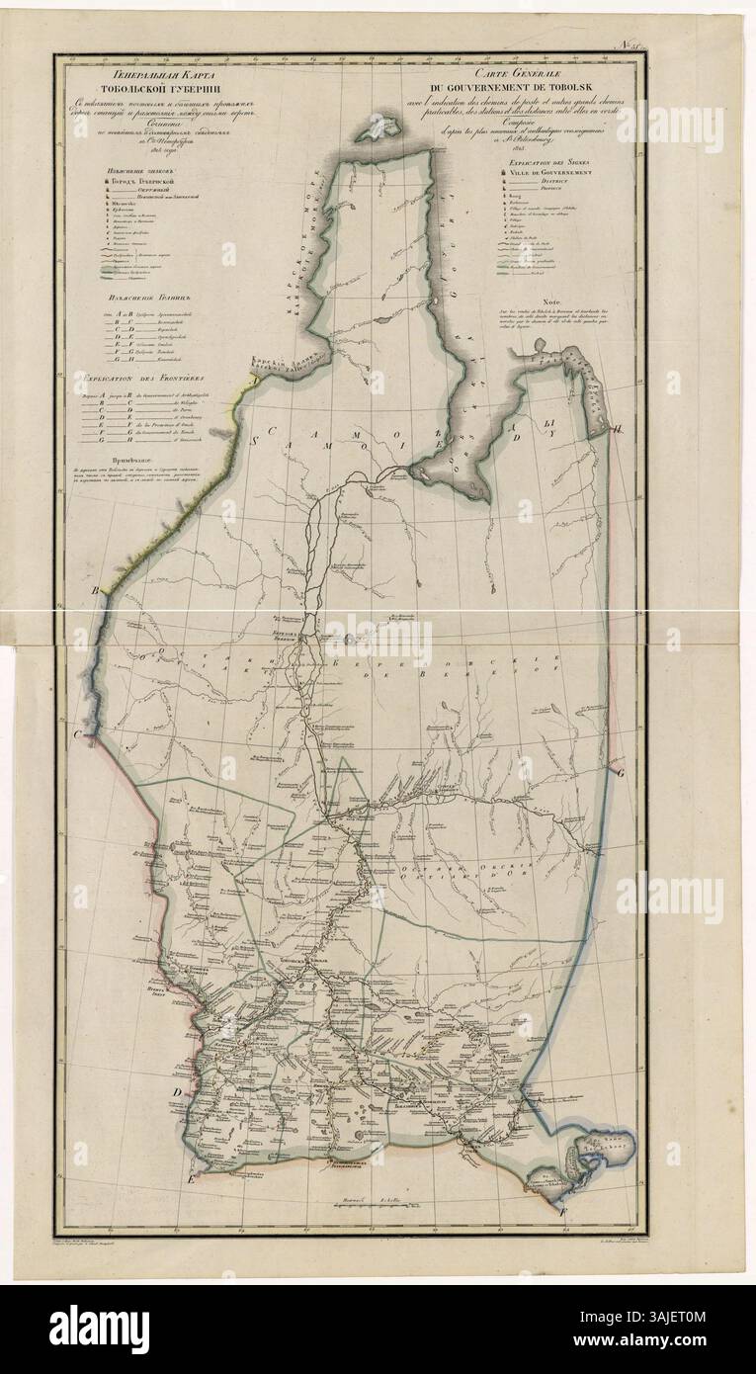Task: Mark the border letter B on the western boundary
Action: click(96, 591)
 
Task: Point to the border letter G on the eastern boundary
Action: click(620, 775)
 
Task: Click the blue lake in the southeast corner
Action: click(591, 1149)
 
